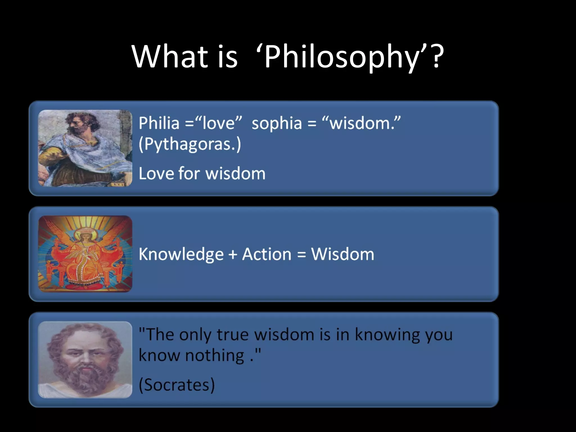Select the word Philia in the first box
click(159, 123)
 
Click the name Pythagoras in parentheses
click(190, 144)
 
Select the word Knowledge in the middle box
click(181, 254)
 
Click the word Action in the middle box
click(267, 254)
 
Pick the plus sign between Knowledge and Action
click(233, 255)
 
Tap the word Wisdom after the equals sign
click(343, 254)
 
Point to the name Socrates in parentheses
click(177, 385)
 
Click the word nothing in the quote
click(215, 355)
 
